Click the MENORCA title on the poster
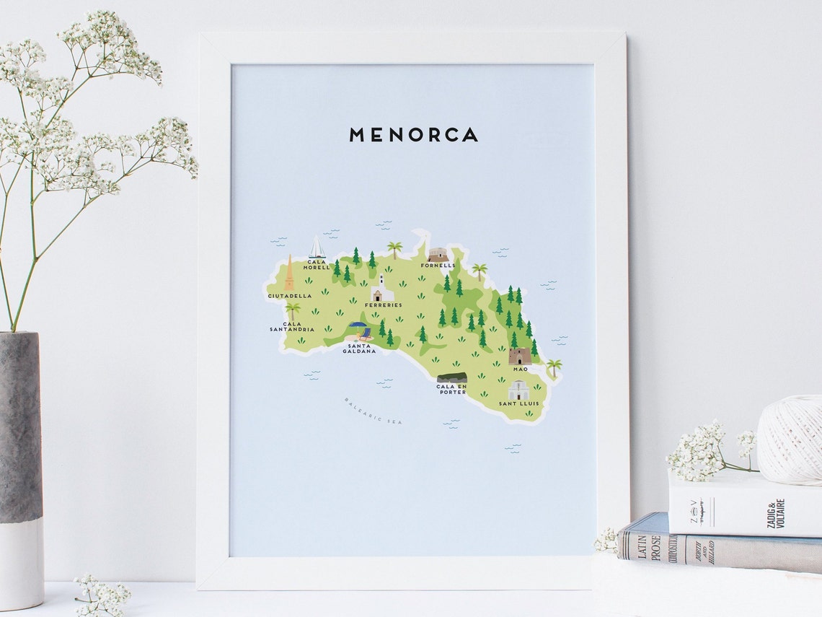[413, 135]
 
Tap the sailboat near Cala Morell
[317, 248]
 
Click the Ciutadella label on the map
[290, 296]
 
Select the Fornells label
[438, 266]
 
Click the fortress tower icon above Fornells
[438, 254]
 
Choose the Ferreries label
[384, 305]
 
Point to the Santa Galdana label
[361, 349]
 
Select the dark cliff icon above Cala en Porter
[451, 378]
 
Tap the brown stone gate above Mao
[520, 356]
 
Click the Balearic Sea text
[373, 411]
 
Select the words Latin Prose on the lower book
[644, 541]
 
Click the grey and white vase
[21, 469]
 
